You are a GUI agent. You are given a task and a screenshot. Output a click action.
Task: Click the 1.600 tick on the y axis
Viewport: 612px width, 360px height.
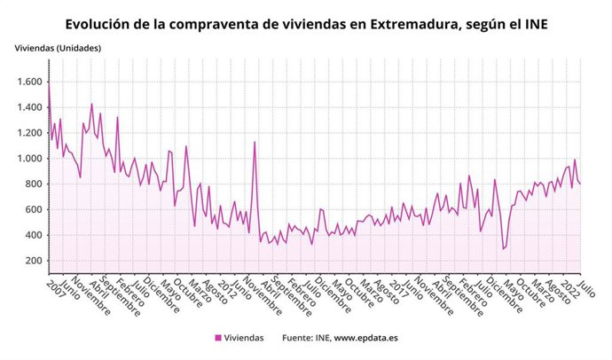click(27, 82)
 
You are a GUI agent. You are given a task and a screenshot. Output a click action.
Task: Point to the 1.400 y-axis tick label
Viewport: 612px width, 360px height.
click(27, 107)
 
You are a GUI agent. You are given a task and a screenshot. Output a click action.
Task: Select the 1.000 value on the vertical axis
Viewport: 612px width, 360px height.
click(27, 159)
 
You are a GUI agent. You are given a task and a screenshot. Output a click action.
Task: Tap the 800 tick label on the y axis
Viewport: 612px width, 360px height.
click(33, 184)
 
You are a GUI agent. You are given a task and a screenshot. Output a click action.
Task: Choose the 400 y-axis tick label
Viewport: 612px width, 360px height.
click(33, 235)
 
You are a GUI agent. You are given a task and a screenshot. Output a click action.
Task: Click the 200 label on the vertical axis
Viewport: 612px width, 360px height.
click(33, 261)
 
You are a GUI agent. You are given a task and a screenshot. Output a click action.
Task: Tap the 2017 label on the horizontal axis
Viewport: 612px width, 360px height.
click(396, 286)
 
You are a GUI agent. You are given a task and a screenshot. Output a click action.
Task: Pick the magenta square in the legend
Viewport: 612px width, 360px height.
click(217, 338)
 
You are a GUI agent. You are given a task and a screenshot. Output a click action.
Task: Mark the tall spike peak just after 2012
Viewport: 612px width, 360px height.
click(255, 142)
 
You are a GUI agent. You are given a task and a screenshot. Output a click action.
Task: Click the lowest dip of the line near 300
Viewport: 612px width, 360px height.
click(504, 249)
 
